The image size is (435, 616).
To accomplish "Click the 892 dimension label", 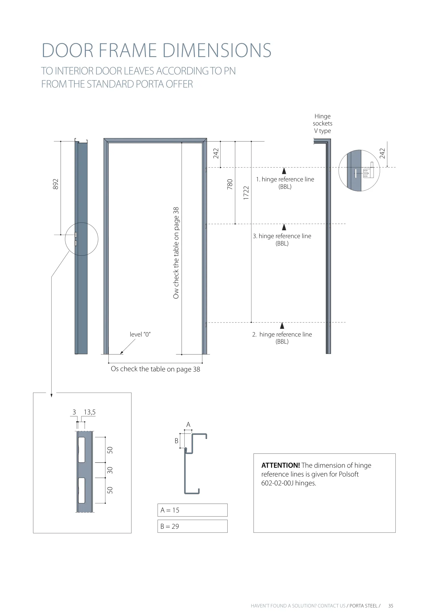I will [56, 184].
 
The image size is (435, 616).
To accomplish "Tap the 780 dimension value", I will [230, 184].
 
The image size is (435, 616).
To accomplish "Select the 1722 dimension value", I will [246, 193].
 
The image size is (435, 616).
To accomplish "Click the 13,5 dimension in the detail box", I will [89, 412].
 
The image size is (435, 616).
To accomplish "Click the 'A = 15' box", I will [192, 510].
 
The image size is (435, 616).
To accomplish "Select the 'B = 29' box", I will [192, 526].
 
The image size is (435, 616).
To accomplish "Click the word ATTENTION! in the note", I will [280, 465].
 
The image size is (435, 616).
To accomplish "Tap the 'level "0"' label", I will [140, 334].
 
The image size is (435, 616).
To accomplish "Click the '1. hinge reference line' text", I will [285, 179].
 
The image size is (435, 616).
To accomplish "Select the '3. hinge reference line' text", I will [282, 236].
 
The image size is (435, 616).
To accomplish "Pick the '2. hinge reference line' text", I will [282, 335].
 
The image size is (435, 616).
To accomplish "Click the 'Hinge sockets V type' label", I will [322, 123].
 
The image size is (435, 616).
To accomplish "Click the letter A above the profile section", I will [188, 425].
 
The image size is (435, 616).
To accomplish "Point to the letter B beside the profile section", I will [176, 441].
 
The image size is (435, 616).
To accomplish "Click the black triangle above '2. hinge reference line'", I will [282, 325].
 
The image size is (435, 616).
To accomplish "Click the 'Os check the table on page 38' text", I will [155, 369].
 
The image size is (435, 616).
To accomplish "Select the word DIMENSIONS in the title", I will [217, 50].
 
